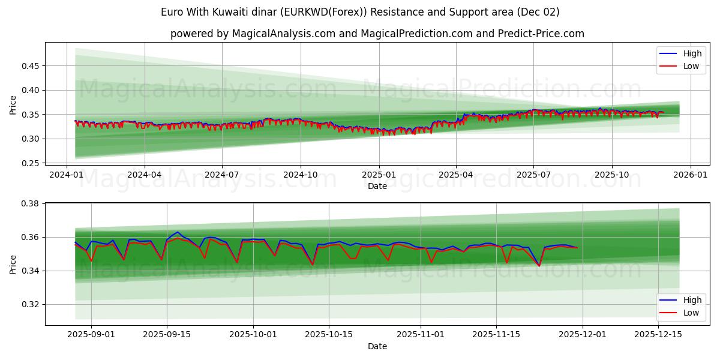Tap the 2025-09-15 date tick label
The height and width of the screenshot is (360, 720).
[167, 334]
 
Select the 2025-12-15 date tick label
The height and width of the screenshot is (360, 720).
[658, 334]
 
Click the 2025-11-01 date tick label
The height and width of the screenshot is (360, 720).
[420, 334]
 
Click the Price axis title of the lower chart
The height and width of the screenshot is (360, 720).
[13, 264]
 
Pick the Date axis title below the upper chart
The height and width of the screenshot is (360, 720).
[377, 186]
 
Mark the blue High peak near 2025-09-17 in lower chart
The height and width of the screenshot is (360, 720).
[178, 232]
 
